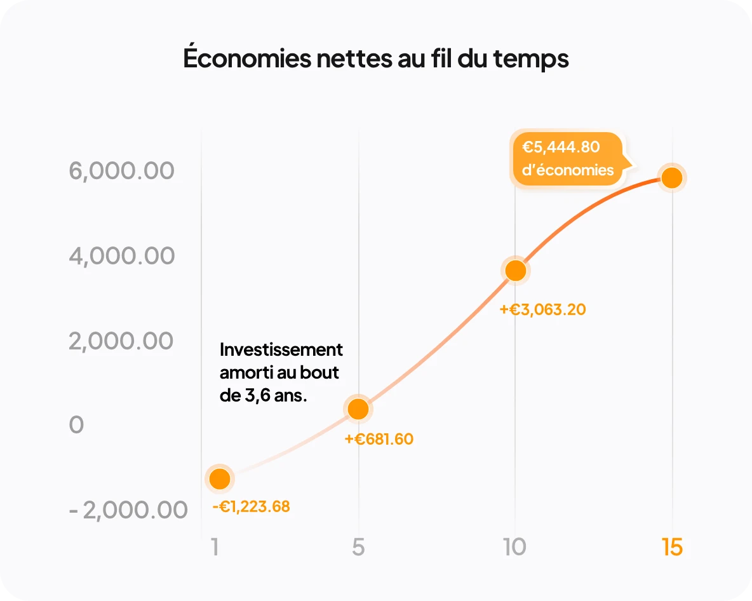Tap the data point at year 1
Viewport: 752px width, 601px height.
pos(220,478)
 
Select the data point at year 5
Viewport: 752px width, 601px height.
pos(358,409)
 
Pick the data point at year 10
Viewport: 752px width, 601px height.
pos(515,271)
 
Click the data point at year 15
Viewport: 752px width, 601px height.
pos(671,178)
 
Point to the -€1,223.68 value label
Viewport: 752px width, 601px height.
pos(251,507)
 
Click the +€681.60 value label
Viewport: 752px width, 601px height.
pos(379,439)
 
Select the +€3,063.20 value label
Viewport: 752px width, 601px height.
pos(542,310)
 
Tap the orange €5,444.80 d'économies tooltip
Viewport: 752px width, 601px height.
pos(567,159)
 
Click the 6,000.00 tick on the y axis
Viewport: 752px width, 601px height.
pos(121,171)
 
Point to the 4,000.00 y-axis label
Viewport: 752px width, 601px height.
pos(121,256)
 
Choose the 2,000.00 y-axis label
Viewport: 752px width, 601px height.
pos(121,341)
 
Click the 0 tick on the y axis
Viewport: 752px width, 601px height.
pos(76,426)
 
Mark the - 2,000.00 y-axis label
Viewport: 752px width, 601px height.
pos(128,510)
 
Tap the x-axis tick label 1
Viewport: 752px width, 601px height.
pos(216,547)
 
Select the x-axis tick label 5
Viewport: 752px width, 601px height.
pos(358,547)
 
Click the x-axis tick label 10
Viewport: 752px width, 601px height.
pos(515,547)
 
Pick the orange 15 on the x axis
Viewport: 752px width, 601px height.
pos(671,547)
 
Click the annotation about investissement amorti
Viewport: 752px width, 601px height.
pos(280,372)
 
